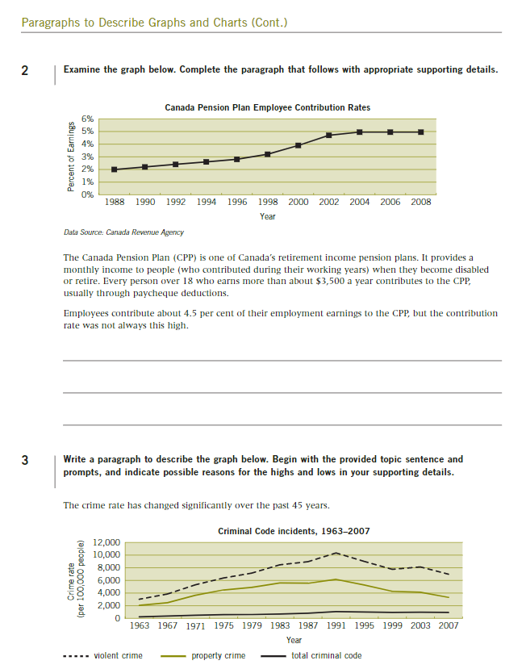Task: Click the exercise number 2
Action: (26, 70)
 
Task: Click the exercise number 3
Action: (26, 462)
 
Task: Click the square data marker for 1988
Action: (115, 169)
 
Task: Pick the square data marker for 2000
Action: (298, 145)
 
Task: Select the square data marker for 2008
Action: (420, 132)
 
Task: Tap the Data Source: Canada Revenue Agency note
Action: (123, 232)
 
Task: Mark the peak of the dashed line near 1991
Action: (336, 553)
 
